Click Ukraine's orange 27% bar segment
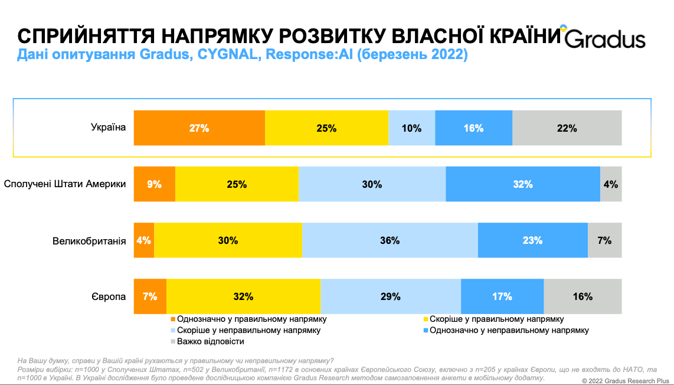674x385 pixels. pyautogui.click(x=199, y=128)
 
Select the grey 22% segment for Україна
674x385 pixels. pyautogui.click(x=567, y=128)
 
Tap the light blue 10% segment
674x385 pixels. pyautogui.click(x=411, y=128)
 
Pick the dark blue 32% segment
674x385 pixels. pyautogui.click(x=523, y=184)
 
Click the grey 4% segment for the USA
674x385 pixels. pyautogui.click(x=611, y=184)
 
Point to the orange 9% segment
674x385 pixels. pyautogui.click(x=155, y=184)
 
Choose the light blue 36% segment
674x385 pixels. pyautogui.click(x=390, y=240)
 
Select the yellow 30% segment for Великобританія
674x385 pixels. pyautogui.click(x=228, y=240)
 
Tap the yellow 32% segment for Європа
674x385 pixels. pyautogui.click(x=243, y=296)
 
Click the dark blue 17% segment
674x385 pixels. pyautogui.click(x=502, y=296)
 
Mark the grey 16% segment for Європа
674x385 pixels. pyautogui.click(x=583, y=296)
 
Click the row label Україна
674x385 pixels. pyautogui.click(x=108, y=127)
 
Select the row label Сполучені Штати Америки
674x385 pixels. pyautogui.click(x=65, y=184)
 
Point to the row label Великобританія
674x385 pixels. pyautogui.click(x=89, y=240)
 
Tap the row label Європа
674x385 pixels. pyautogui.click(x=109, y=296)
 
